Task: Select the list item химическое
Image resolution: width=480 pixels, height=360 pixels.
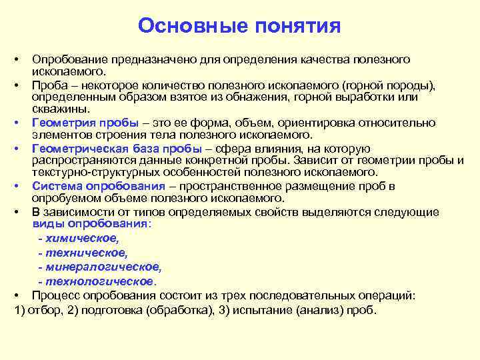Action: coord(81,238)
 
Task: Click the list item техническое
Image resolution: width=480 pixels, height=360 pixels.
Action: coord(85,253)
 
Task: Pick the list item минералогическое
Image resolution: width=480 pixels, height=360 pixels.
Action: coord(104,267)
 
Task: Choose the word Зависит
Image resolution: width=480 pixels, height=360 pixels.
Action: coord(311,161)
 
